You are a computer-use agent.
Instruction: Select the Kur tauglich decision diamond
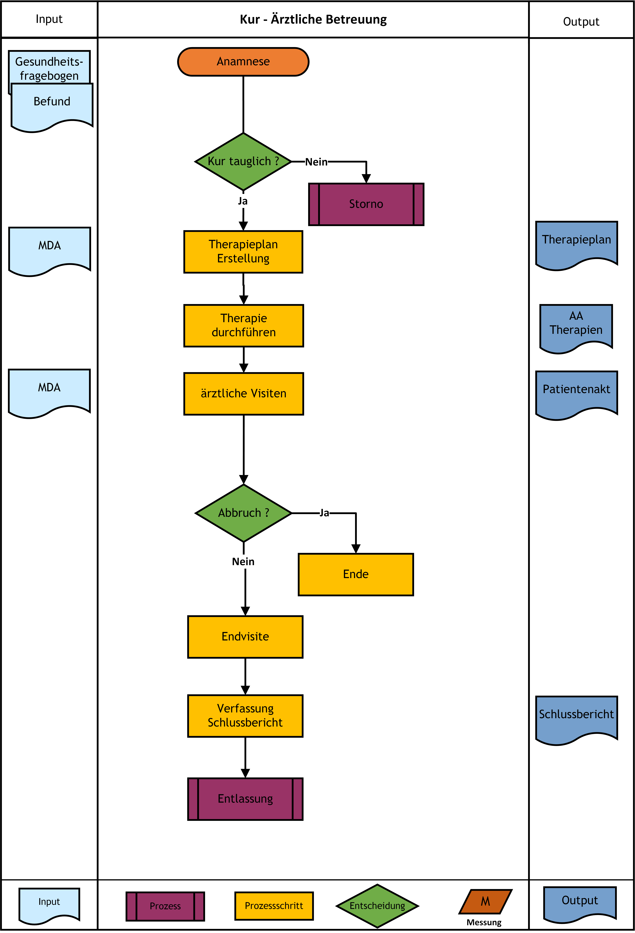click(243, 161)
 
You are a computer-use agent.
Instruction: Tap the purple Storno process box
click(366, 204)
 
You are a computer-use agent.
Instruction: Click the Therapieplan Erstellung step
click(243, 252)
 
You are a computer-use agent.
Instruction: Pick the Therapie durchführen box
click(244, 326)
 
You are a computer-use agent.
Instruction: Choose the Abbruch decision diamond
click(244, 513)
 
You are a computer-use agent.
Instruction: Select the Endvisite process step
click(245, 637)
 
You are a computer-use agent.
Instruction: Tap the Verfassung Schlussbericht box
click(245, 716)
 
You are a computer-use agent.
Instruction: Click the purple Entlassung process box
click(245, 799)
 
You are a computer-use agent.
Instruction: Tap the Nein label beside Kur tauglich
click(316, 162)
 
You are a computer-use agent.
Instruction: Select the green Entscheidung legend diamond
click(377, 906)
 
